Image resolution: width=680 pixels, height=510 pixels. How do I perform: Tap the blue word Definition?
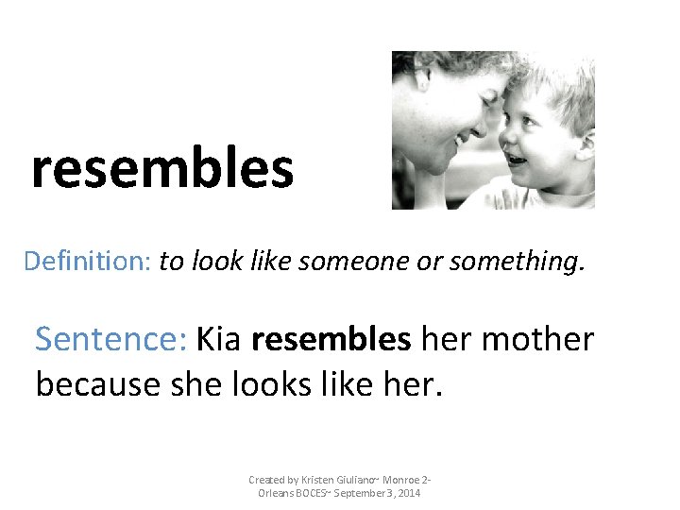click(87, 261)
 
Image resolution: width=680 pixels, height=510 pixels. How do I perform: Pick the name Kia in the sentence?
click(218, 338)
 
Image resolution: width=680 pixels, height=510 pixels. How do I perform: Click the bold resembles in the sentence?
click(331, 338)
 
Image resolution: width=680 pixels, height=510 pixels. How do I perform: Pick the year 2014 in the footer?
click(407, 494)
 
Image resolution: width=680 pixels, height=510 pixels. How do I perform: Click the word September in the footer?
click(360, 494)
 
